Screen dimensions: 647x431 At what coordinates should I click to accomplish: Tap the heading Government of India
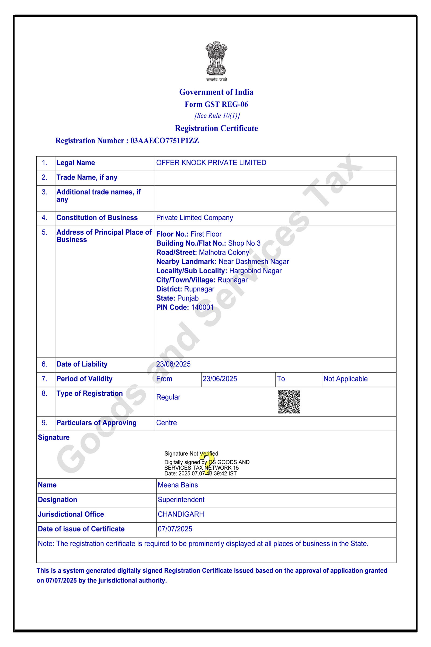tap(216, 92)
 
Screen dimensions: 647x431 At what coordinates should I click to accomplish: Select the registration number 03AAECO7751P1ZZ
tap(164, 140)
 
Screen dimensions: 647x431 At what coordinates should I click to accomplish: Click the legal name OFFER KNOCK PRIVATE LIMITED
tap(211, 163)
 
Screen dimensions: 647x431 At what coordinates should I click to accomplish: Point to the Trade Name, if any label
tap(87, 177)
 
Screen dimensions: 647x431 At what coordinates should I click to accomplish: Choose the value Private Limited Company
tap(194, 218)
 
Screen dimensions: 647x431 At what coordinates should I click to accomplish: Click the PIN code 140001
tap(202, 307)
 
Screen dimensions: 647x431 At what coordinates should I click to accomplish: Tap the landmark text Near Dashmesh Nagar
tap(253, 261)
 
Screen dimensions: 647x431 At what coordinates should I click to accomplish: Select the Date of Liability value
tap(173, 364)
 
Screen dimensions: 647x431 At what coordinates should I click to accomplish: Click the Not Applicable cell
tap(345, 379)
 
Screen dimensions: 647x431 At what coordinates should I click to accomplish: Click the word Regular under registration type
tap(168, 397)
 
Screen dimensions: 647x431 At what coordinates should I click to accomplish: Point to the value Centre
tap(166, 423)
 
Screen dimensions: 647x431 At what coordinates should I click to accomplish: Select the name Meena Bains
tap(178, 485)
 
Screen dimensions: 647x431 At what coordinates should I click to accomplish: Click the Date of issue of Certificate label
tap(81, 529)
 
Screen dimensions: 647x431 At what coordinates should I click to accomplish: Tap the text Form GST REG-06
tap(216, 104)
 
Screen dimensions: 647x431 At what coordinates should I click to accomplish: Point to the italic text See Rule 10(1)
tap(217, 116)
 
